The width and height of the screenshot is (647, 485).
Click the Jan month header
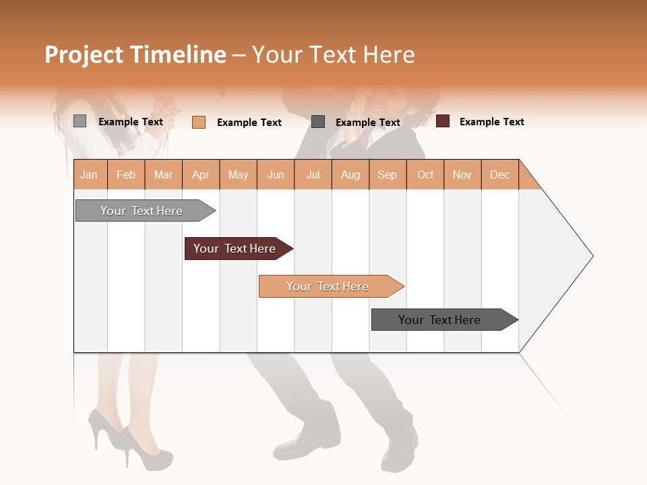[90, 174]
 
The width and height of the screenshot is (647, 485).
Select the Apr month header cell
[201, 174]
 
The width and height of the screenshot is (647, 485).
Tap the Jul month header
[313, 174]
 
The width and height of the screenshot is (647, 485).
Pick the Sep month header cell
[387, 174]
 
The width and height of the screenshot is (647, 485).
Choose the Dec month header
[499, 174]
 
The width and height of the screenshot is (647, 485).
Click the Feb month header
[126, 174]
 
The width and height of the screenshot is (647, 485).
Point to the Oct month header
[425, 174]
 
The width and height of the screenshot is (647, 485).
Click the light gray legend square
[80, 121]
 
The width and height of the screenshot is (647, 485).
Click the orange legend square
[199, 122]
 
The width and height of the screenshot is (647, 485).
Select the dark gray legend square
[318, 122]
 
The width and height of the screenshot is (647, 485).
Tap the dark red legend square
[443, 121]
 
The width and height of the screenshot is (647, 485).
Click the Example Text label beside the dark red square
[491, 122]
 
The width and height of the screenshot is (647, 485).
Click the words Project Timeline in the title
[135, 55]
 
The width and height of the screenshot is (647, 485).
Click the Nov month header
[462, 174]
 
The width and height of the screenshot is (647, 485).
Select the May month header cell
[238, 174]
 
